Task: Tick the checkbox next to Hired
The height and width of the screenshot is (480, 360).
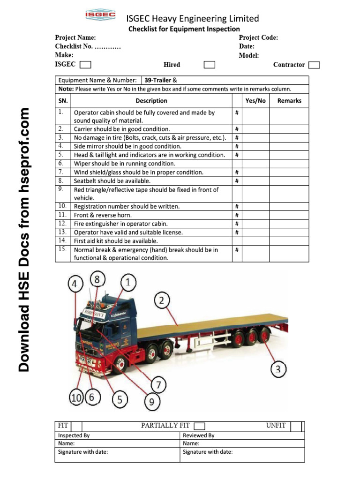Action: [210, 65]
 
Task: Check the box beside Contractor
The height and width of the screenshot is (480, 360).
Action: [315, 65]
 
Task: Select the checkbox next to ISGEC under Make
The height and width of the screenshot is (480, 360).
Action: [85, 65]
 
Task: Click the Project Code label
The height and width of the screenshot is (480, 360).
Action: [258, 37]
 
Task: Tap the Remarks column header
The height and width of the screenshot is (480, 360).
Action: [289, 100]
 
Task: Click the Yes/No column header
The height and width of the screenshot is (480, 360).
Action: [255, 100]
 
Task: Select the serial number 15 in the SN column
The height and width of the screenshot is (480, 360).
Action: [62, 249]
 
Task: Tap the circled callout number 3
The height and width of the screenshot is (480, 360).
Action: [278, 369]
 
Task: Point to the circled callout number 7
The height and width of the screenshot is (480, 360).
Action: [158, 385]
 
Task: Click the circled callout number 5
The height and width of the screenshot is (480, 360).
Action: [120, 399]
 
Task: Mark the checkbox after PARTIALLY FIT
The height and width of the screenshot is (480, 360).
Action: [199, 426]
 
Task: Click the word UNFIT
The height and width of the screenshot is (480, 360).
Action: [276, 425]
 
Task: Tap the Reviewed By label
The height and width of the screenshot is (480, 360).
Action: [198, 435]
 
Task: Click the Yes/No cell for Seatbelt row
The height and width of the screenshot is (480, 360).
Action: [255, 181]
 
